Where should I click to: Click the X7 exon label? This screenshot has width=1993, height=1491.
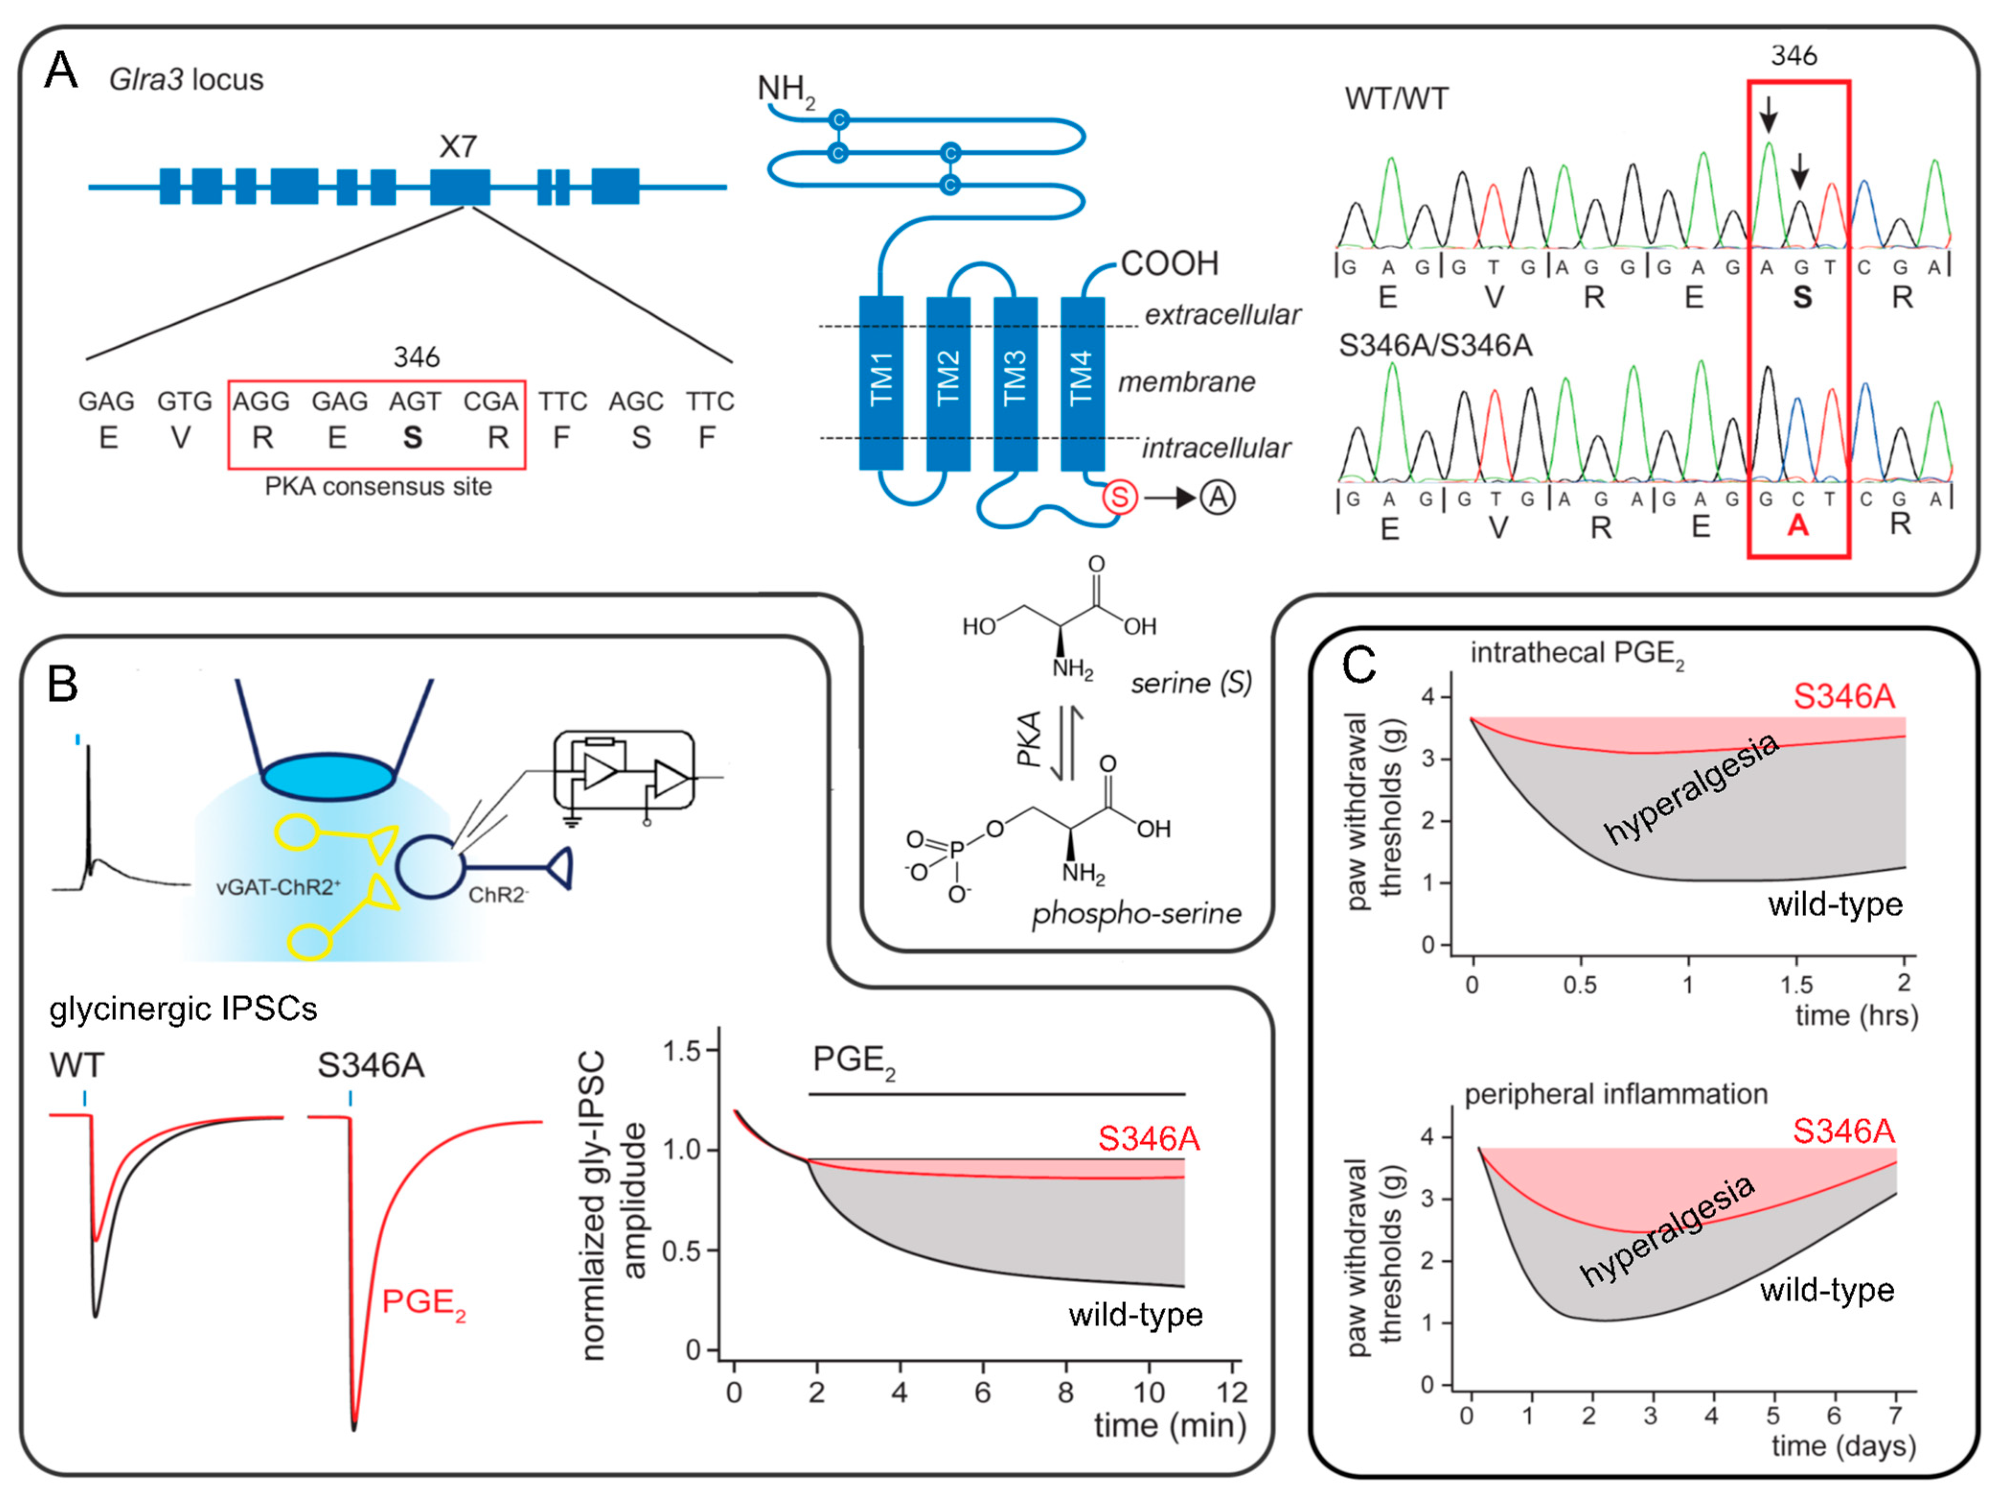458,146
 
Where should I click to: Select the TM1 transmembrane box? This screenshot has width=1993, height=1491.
881,382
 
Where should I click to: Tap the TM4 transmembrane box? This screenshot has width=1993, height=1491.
1082,382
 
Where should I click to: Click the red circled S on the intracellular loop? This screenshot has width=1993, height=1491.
1120,497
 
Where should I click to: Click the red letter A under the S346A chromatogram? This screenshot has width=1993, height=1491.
1798,525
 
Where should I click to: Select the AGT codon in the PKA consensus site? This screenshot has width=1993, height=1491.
414,401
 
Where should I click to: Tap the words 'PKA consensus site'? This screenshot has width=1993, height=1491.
378,487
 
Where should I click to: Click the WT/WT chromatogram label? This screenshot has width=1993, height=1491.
1397,98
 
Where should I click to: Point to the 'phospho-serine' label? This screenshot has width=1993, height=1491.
1136,913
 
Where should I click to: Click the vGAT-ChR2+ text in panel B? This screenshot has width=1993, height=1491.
277,888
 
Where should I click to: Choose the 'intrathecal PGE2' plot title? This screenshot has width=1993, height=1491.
1577,653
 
